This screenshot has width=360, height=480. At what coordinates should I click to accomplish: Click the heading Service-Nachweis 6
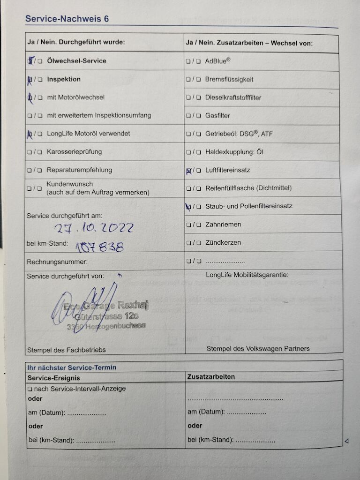point(67,19)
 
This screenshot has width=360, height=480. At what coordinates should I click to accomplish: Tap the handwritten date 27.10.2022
point(94,228)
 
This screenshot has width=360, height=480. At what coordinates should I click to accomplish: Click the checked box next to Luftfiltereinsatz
point(188,171)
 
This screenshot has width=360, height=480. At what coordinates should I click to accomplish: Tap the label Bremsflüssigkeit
point(229,79)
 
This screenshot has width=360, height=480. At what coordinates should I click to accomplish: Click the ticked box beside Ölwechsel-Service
point(31,60)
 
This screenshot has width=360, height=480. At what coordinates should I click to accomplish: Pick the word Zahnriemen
point(223,225)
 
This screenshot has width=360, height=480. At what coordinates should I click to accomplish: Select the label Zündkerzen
point(223,243)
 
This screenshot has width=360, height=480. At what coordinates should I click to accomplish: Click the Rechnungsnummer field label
point(57,262)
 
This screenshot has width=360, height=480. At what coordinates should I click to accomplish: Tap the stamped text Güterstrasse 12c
point(106,316)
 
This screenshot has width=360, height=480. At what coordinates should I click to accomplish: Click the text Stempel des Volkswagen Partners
point(258,349)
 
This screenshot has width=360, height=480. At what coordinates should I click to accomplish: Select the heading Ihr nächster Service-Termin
point(72,367)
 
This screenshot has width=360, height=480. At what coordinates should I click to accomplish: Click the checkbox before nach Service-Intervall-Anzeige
point(30,389)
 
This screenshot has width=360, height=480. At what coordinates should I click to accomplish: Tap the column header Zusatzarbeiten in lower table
point(211,377)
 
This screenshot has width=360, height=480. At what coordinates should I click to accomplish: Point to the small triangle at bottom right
point(347,441)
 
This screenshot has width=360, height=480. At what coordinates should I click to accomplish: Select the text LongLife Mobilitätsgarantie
point(247,275)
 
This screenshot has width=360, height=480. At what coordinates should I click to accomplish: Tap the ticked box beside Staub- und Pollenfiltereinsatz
point(188,206)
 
